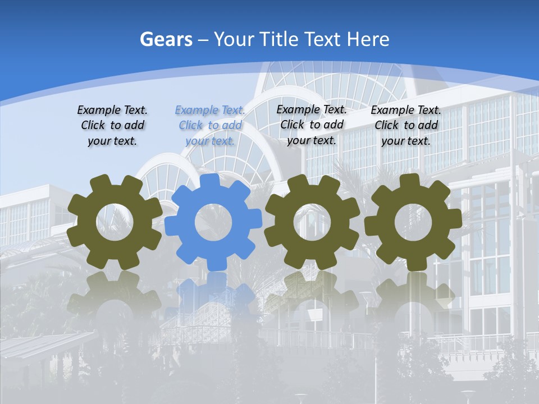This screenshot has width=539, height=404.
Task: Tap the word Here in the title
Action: (368, 39)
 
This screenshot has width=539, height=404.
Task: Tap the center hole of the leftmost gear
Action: (115, 222)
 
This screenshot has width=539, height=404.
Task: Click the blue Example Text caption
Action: (210, 125)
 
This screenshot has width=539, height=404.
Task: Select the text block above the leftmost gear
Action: (112, 125)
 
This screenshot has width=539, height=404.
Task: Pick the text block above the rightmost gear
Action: (406, 125)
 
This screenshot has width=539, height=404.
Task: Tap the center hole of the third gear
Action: (312, 222)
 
